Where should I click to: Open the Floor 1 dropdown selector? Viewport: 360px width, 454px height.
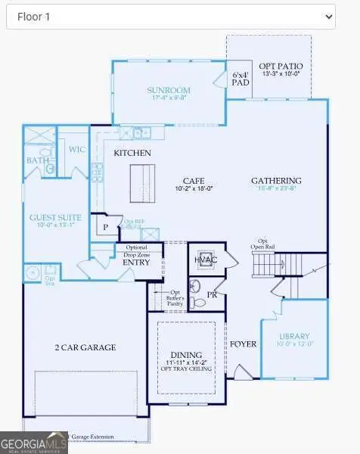pyautogui.click(x=170, y=15)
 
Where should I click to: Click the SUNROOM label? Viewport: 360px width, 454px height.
pyautogui.click(x=168, y=90)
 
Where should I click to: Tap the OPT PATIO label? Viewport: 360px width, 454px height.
pyautogui.click(x=281, y=66)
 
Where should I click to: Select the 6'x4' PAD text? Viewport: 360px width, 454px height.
pyautogui.click(x=240, y=79)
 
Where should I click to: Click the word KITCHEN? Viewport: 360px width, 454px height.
pyautogui.click(x=132, y=153)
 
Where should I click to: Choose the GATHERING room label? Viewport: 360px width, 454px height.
pyautogui.click(x=276, y=181)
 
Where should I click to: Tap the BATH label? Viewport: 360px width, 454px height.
pyautogui.click(x=38, y=160)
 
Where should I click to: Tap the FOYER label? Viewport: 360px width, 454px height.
pyautogui.click(x=243, y=344)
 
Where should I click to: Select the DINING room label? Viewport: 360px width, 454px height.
pyautogui.click(x=186, y=354)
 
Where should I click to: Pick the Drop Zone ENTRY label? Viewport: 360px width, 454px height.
pyautogui.click(x=136, y=262)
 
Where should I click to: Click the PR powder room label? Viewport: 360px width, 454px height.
pyautogui.click(x=212, y=294)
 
